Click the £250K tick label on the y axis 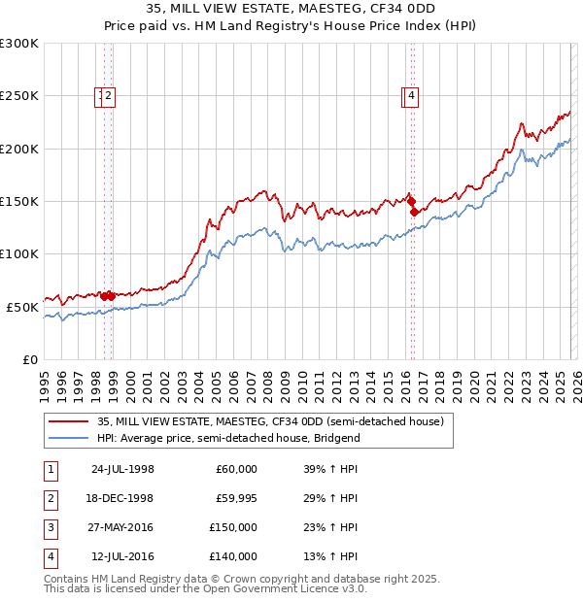click(x=18, y=96)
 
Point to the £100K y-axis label click(x=18, y=253)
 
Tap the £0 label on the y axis click(x=29, y=359)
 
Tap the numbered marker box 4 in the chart click(x=412, y=95)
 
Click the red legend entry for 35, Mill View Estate click(x=270, y=421)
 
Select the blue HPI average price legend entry click(x=228, y=438)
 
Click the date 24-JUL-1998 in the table click(x=122, y=469)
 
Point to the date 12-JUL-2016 click(x=122, y=556)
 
